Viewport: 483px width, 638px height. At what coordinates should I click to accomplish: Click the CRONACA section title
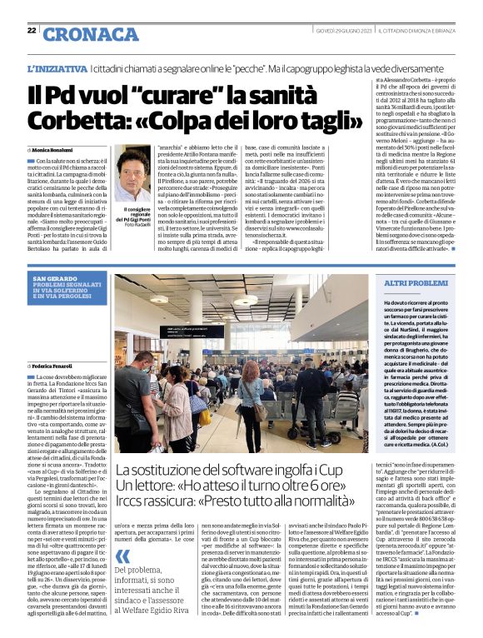[x=79, y=33]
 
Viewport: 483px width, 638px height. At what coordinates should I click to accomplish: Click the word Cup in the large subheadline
[x=339, y=470]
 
